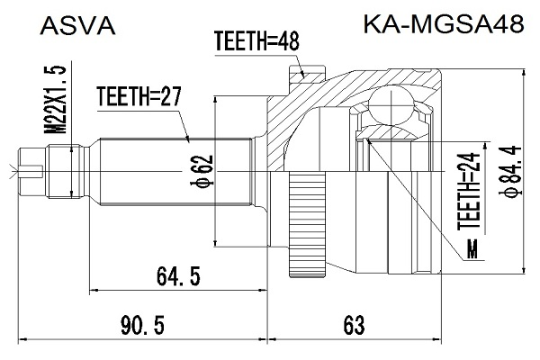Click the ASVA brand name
[77, 26]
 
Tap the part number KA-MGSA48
[444, 24]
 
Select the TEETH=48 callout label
[256, 40]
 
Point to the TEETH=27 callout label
[139, 96]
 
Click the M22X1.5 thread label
[55, 99]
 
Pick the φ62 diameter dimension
[202, 171]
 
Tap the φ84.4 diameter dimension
[509, 172]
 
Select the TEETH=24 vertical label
[469, 191]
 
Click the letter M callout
[472, 249]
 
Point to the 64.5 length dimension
[178, 276]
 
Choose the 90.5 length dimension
[142, 326]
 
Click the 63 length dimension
[354, 326]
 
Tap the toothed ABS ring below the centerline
[307, 225]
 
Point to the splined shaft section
[175, 172]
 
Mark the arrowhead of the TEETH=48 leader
[303, 74]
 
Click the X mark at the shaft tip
[13, 171]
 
